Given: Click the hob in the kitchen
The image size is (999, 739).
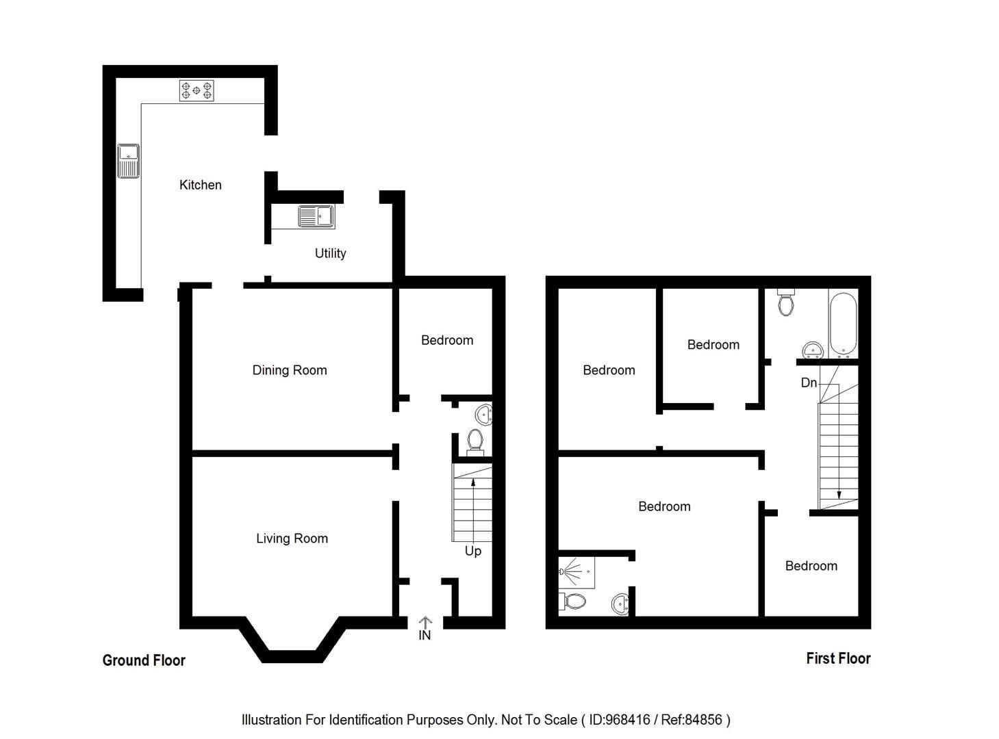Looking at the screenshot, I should [197, 90].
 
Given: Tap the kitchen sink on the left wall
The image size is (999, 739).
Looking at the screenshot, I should [128, 161].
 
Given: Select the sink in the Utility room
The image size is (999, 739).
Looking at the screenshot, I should [316, 217].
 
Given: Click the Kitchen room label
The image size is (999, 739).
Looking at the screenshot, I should [200, 185].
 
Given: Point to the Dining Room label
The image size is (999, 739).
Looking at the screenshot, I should [290, 370].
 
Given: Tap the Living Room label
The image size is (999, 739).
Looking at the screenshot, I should [292, 539].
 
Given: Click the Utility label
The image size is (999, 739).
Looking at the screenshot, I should [330, 253].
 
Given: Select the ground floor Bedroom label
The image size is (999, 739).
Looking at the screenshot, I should [446, 340].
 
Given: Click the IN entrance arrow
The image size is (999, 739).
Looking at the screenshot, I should [425, 623].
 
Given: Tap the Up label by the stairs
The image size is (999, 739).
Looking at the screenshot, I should [472, 551].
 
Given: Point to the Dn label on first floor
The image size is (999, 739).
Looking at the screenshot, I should [809, 383].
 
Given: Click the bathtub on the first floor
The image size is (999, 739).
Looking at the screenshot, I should [843, 325].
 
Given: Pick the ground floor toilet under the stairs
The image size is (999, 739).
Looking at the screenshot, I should [474, 441].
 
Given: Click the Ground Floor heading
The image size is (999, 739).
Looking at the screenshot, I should [144, 660].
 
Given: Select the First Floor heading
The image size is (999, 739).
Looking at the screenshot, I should [838, 658].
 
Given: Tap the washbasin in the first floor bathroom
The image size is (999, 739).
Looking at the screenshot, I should [813, 350].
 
